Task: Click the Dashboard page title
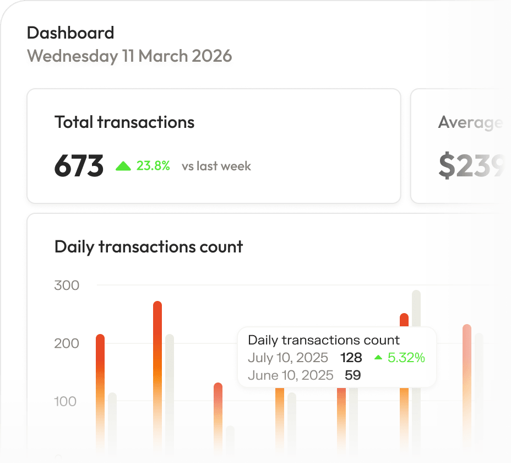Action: click(70, 33)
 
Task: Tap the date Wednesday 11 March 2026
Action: click(129, 56)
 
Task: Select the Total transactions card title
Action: click(124, 122)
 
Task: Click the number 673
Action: click(79, 166)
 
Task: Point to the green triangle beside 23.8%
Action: click(123, 166)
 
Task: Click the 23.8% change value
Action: click(153, 166)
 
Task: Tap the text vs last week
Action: click(216, 166)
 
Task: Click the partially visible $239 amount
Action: click(471, 166)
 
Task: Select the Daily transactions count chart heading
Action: click(149, 246)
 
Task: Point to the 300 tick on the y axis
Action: click(67, 286)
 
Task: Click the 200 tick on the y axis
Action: click(67, 343)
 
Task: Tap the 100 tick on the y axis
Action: click(66, 401)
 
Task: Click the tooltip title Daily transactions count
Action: click(324, 340)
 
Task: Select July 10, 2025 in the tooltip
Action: click(288, 358)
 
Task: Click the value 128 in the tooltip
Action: click(351, 358)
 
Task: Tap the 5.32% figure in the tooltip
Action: click(406, 358)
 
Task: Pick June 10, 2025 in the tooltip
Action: click(290, 375)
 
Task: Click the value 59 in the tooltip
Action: click(352, 375)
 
